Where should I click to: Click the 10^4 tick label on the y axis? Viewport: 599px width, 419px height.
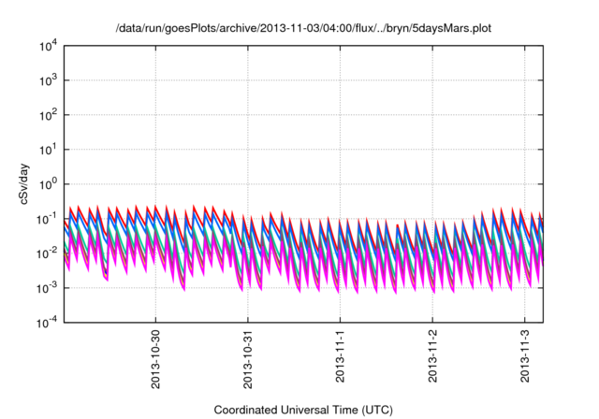(49, 46)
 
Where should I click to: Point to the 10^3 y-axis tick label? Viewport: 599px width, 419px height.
(49, 80)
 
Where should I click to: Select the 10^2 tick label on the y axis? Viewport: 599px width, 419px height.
(49, 115)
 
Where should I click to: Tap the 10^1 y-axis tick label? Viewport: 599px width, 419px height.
(49, 150)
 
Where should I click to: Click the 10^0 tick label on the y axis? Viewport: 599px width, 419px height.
(49, 184)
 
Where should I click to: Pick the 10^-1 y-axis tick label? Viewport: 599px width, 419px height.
(48, 219)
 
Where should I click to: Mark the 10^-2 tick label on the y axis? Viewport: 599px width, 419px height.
(48, 253)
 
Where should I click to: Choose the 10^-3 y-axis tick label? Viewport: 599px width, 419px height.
(48, 287)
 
